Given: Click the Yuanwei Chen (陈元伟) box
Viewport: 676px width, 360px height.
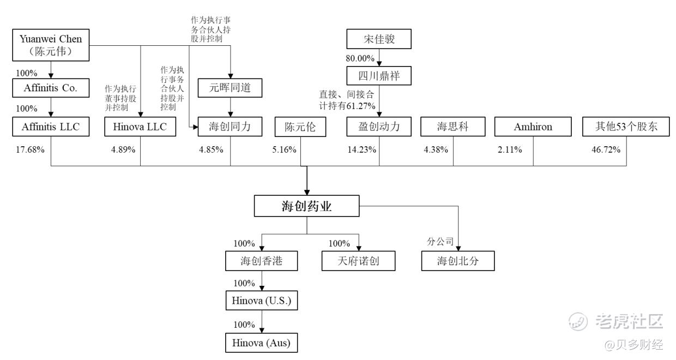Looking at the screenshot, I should click(51, 45).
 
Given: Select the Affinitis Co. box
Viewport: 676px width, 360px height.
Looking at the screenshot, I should click(51, 88).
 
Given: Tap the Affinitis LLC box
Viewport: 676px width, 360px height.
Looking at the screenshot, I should click(51, 127).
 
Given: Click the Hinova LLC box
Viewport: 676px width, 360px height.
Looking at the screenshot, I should click(141, 127).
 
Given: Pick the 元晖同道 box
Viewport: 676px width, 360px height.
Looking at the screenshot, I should click(230, 87).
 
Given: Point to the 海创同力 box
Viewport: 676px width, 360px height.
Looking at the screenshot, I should click(230, 127).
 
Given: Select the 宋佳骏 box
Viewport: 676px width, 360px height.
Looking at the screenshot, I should click(379, 40).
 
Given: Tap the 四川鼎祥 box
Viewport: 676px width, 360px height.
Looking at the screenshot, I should click(379, 76).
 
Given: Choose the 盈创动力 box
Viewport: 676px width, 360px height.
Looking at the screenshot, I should click(380, 127).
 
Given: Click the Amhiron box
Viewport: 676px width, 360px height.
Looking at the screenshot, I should click(533, 127).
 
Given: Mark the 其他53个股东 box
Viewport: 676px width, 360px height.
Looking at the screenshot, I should click(626, 127).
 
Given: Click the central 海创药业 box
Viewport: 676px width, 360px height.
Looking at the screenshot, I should click(307, 207).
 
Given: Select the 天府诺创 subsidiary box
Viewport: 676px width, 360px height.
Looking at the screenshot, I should click(358, 261).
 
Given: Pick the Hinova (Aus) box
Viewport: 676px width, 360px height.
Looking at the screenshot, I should click(262, 343).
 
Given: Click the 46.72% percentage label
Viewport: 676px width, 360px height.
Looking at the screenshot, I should click(606, 149).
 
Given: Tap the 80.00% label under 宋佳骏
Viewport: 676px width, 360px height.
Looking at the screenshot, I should click(360, 58).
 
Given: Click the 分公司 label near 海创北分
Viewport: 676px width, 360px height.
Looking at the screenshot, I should click(440, 242).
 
